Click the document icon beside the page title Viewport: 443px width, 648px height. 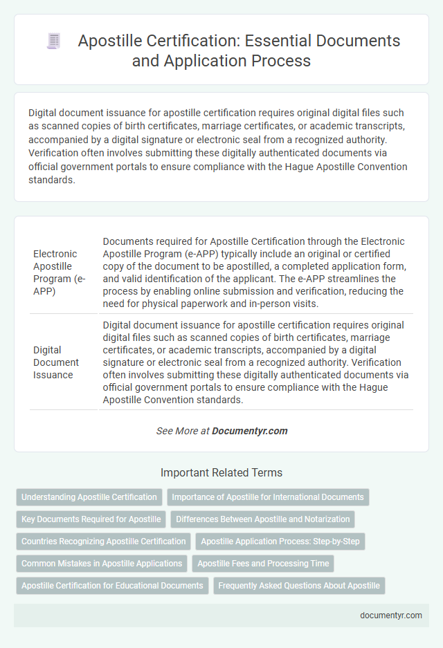click(x=54, y=41)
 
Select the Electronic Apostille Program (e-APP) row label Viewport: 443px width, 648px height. click(x=55, y=272)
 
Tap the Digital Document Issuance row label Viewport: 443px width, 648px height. click(x=55, y=362)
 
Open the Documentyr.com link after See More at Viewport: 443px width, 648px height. click(x=250, y=430)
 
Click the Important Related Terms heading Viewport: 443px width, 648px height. click(x=221, y=473)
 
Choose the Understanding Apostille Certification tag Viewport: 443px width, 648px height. click(x=89, y=497)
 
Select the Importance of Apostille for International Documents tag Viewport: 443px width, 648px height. click(x=268, y=497)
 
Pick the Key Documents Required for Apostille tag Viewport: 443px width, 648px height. click(x=91, y=519)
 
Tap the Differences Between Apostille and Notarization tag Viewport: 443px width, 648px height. click(x=262, y=519)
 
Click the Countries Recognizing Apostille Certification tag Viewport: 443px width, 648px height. click(x=104, y=541)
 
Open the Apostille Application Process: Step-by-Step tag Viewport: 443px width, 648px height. click(x=280, y=541)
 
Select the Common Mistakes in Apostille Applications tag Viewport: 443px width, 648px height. click(x=102, y=564)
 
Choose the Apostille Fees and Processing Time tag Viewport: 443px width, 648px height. click(x=263, y=564)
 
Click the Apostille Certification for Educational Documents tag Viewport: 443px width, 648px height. click(x=112, y=586)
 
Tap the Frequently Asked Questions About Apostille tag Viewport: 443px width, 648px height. click(x=299, y=586)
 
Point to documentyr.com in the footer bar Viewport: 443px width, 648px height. click(x=392, y=615)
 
